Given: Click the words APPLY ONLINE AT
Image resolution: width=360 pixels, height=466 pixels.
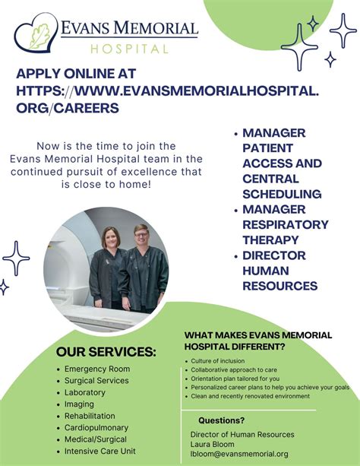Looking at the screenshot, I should pyautogui.click(x=76, y=74).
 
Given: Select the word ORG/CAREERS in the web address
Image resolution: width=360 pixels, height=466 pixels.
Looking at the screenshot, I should pyautogui.click(x=68, y=108).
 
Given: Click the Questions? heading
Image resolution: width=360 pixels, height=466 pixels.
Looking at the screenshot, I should pyautogui.click(x=221, y=420).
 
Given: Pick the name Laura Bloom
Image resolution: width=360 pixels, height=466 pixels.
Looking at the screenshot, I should pyautogui.click(x=213, y=444).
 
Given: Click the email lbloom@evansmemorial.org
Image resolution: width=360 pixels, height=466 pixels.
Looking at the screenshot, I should pyautogui.click(x=238, y=454).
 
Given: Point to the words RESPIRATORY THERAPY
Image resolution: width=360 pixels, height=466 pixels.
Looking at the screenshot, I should pyautogui.click(x=286, y=232).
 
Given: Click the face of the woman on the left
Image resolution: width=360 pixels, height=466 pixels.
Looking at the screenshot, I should pyautogui.click(x=111, y=238).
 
